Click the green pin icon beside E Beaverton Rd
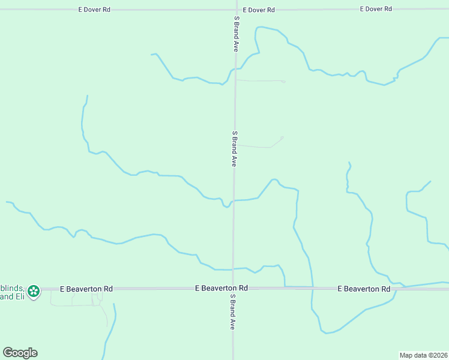(34, 292)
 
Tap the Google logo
(20, 353)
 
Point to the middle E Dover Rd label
(259, 10)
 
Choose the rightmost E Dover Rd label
(376, 9)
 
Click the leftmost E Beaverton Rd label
(86, 289)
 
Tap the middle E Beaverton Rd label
(221, 289)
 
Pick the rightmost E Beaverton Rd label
(364, 289)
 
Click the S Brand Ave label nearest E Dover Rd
(236, 34)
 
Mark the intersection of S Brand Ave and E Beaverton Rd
(234, 289)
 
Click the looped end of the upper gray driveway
(283, 81)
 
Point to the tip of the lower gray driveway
(282, 137)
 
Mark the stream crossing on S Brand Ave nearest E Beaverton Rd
(234, 269)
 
